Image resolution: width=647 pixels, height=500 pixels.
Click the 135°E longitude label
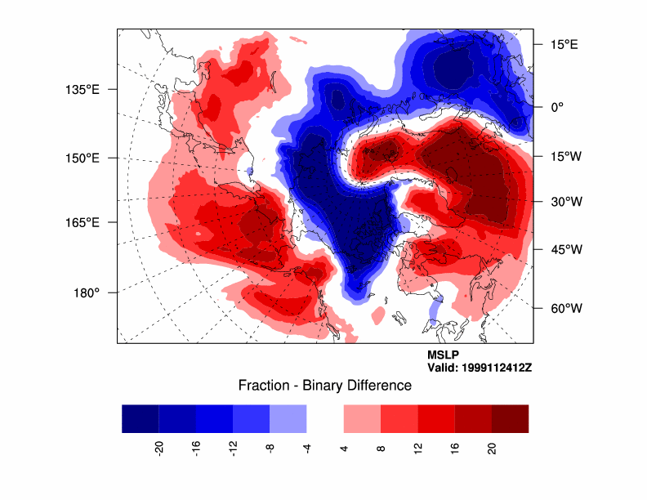click(82, 89)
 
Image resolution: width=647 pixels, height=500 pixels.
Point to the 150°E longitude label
click(82, 158)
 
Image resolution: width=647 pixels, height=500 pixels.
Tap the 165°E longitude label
click(82, 222)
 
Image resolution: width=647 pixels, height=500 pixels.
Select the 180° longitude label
click(87, 292)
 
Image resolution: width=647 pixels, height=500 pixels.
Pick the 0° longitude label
click(557, 106)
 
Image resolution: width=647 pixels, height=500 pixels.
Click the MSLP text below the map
click(443, 355)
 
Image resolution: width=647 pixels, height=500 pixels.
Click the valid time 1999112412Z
click(480, 368)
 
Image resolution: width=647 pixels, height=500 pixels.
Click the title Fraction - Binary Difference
click(324, 386)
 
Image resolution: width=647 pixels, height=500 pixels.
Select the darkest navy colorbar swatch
click(140, 418)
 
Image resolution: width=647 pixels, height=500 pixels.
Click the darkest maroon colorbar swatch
click(510, 418)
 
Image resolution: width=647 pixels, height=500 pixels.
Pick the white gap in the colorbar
click(324, 418)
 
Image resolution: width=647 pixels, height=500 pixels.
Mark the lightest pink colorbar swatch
click(362, 418)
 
